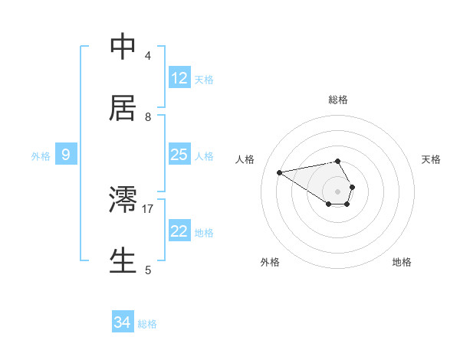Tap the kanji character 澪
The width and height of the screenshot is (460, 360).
click(x=123, y=199)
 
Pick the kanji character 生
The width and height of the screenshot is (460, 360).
click(x=123, y=260)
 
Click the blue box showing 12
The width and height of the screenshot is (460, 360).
click(x=179, y=78)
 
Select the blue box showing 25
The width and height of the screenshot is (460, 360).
click(x=179, y=155)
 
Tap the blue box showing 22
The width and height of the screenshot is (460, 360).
click(x=179, y=231)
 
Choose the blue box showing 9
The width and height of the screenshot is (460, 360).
click(x=66, y=155)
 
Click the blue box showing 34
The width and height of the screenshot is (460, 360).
click(x=123, y=323)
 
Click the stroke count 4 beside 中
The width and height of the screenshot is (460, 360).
click(x=148, y=55)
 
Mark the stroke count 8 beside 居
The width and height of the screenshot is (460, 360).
click(x=148, y=116)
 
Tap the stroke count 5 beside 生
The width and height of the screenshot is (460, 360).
click(x=148, y=270)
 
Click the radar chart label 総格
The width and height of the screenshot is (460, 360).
click(x=338, y=100)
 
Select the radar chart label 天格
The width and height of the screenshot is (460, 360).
click(x=431, y=159)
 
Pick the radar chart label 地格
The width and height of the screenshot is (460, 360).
click(x=402, y=263)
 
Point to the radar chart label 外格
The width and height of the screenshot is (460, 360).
click(x=270, y=263)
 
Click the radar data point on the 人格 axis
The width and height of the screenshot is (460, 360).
click(x=280, y=172)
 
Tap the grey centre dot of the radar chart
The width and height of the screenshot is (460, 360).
click(x=338, y=191)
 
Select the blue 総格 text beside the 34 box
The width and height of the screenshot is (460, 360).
click(x=147, y=324)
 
